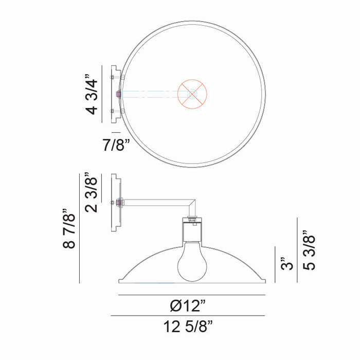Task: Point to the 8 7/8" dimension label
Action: tap(70, 228)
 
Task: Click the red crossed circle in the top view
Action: tap(192, 94)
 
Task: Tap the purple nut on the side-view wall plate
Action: tap(120, 203)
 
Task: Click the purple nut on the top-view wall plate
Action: tap(119, 94)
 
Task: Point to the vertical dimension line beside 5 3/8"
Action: tap(298, 250)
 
